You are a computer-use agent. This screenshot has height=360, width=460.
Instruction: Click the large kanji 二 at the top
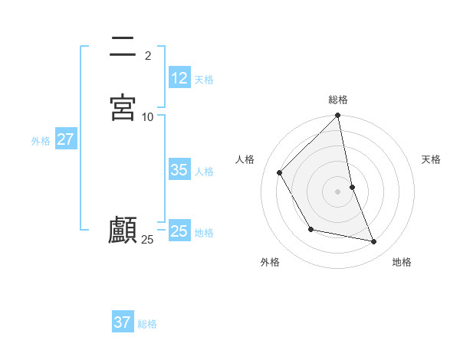pyautogui.click(x=122, y=48)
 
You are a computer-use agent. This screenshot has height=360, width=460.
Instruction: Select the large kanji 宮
pyautogui.click(x=123, y=106)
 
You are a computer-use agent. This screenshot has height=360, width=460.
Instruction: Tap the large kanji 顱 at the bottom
pyautogui.click(x=123, y=230)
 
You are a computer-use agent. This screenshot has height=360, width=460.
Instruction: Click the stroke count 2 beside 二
pyautogui.click(x=148, y=55)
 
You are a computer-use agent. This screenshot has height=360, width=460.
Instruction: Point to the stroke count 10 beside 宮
pyautogui.click(x=148, y=116)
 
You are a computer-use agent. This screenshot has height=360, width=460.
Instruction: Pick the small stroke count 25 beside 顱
pyautogui.click(x=147, y=240)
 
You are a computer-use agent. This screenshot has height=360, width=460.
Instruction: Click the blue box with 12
pyautogui.click(x=179, y=77)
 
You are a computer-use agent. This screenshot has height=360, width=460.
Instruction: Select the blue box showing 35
pyautogui.click(x=179, y=170)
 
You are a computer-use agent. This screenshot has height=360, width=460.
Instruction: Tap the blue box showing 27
pyautogui.click(x=65, y=139)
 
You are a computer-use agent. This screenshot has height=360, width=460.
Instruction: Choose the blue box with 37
pyautogui.click(x=123, y=322)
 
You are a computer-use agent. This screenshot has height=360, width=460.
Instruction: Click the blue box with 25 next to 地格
pyautogui.click(x=179, y=231)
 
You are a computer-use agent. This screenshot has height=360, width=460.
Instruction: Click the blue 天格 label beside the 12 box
pyautogui.click(x=204, y=79)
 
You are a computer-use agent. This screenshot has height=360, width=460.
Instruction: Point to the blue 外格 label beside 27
pyautogui.click(x=41, y=141)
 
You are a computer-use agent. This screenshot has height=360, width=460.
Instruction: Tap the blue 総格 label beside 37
pyautogui.click(x=147, y=324)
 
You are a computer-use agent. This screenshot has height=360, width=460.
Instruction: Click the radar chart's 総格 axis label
pyautogui.click(x=338, y=100)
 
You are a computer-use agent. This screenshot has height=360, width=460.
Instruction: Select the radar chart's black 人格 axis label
pyautogui.click(x=245, y=159)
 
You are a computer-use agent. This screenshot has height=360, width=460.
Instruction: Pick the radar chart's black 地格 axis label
pyautogui.click(x=402, y=262)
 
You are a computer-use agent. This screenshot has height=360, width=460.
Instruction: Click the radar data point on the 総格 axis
pyautogui.click(x=338, y=116)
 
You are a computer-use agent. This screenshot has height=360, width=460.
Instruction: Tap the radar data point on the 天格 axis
pyautogui.click(x=352, y=187)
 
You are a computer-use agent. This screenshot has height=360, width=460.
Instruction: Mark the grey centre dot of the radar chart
pyautogui.click(x=338, y=191)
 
